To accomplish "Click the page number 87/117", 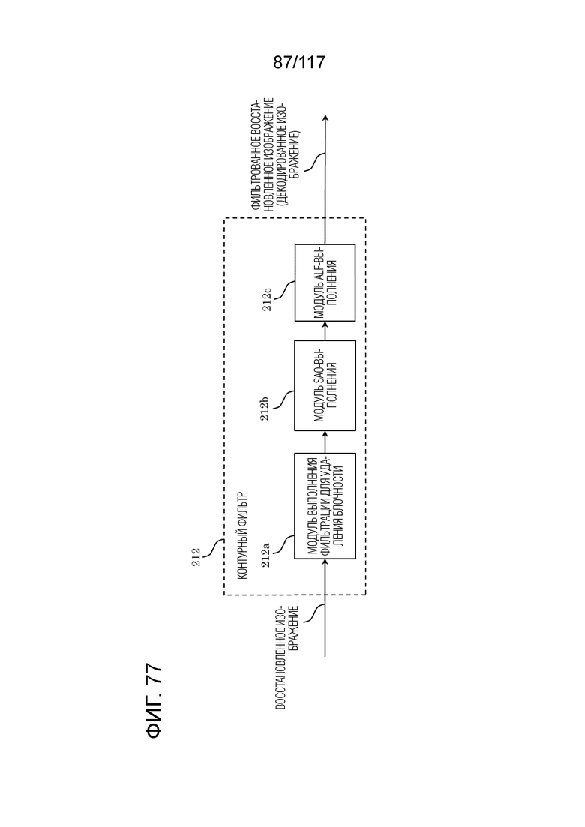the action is [x=299, y=63].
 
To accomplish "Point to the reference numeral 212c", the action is [x=268, y=298].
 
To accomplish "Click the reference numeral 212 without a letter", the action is [x=196, y=558].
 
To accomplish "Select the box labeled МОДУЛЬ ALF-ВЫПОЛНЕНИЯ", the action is [x=325, y=283].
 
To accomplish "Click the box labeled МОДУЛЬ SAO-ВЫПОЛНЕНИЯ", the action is [x=325, y=385].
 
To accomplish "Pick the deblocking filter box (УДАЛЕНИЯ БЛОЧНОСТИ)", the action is [x=325, y=506].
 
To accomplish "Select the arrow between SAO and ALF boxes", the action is [x=325, y=331].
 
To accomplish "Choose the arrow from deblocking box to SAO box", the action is [x=325, y=442].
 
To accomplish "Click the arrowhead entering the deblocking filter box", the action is [x=325, y=562].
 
